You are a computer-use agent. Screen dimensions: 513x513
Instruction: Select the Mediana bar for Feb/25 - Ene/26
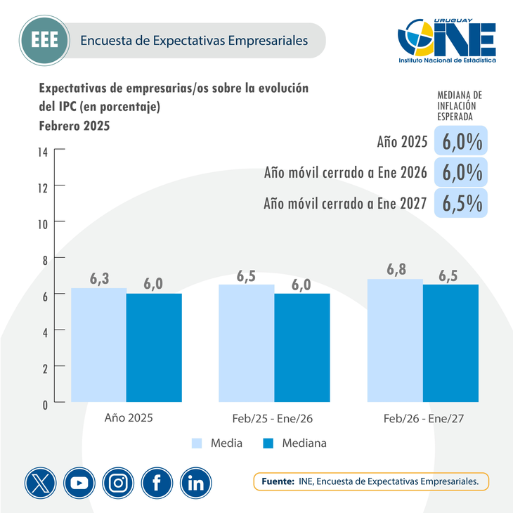click(301, 347)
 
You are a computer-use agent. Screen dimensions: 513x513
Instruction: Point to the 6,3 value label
click(100, 278)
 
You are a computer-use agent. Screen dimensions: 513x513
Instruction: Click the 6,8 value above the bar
click(395, 269)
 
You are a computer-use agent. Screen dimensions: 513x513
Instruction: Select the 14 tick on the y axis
click(43, 150)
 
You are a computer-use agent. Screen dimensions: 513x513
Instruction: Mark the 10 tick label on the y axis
click(43, 223)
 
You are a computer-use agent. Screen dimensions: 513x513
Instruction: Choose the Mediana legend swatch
click(268, 443)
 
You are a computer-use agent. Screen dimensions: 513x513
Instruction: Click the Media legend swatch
click(197, 443)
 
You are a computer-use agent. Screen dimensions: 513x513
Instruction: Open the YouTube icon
click(79, 483)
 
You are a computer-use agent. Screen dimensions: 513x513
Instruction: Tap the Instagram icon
click(118, 483)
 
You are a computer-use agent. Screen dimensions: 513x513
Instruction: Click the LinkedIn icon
click(196, 483)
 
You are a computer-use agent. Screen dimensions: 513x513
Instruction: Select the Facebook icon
click(157, 483)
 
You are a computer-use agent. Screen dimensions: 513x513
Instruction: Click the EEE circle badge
click(44, 40)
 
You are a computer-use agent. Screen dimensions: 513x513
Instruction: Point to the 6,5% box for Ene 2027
click(462, 203)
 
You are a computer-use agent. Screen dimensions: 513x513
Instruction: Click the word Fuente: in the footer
click(277, 482)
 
